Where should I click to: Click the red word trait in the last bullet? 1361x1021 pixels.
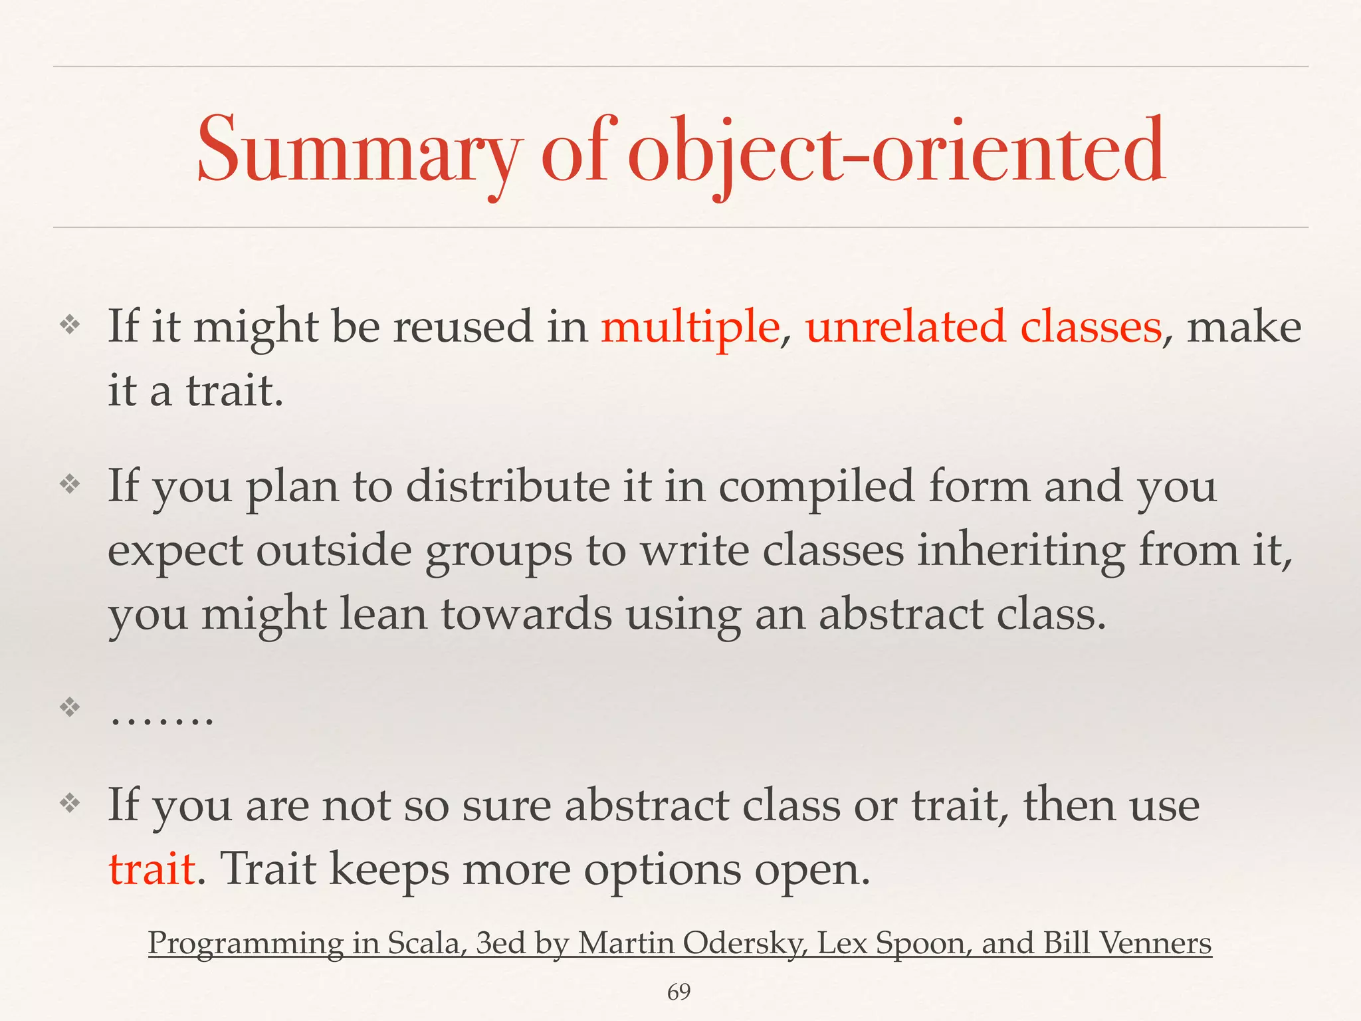(152, 869)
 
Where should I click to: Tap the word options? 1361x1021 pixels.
(662, 869)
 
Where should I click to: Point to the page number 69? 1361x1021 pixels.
(679, 992)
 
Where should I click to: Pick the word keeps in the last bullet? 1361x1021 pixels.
(389, 869)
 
